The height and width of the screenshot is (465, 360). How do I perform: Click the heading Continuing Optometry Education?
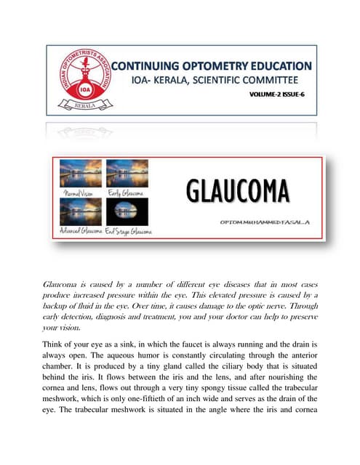(x=210, y=67)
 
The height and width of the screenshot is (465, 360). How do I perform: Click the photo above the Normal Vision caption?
(x=80, y=175)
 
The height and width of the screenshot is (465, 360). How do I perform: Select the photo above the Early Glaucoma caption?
(x=127, y=175)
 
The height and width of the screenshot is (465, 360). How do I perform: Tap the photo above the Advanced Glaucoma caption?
(x=80, y=211)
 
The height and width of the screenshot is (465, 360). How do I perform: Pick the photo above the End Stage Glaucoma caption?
(x=127, y=211)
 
